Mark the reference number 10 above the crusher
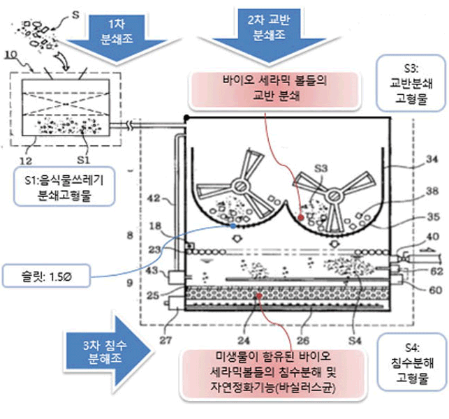11,54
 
